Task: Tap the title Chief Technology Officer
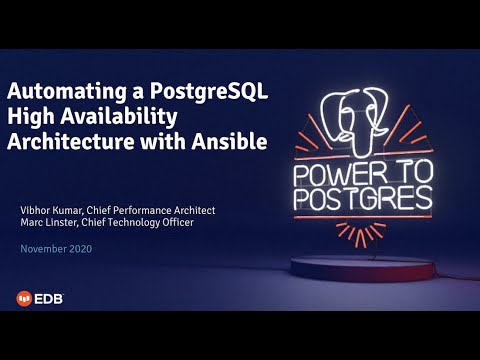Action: (x=145, y=222)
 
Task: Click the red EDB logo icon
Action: (x=23, y=297)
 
